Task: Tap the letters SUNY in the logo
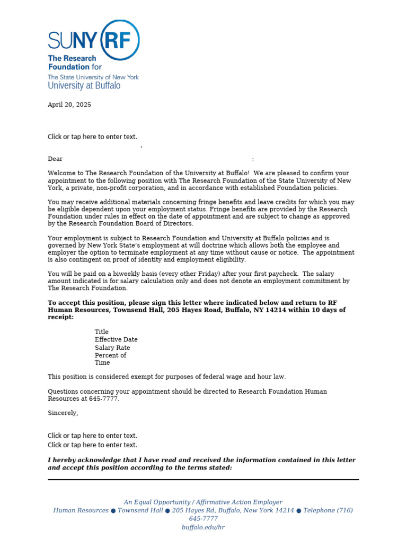tap(69, 40)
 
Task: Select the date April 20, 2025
tap(69, 105)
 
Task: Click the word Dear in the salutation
tap(55, 159)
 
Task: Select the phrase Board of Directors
tap(166, 223)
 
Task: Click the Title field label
tap(102, 332)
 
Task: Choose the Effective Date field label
tap(116, 340)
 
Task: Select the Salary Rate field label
tap(112, 348)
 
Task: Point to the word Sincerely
tap(63, 413)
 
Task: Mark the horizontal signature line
tap(203, 480)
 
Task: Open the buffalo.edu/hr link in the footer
tap(203, 528)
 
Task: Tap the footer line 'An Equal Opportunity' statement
tap(203, 502)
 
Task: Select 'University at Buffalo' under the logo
tap(84, 86)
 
